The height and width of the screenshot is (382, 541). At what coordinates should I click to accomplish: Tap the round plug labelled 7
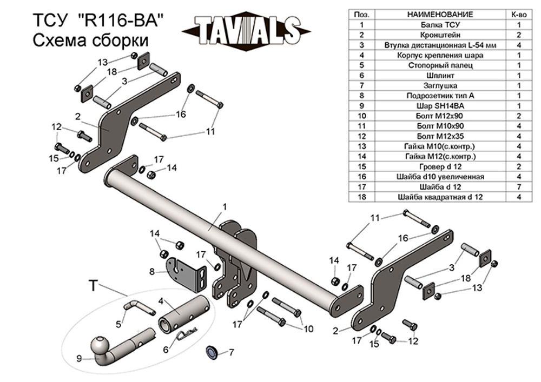[x=212, y=352]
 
